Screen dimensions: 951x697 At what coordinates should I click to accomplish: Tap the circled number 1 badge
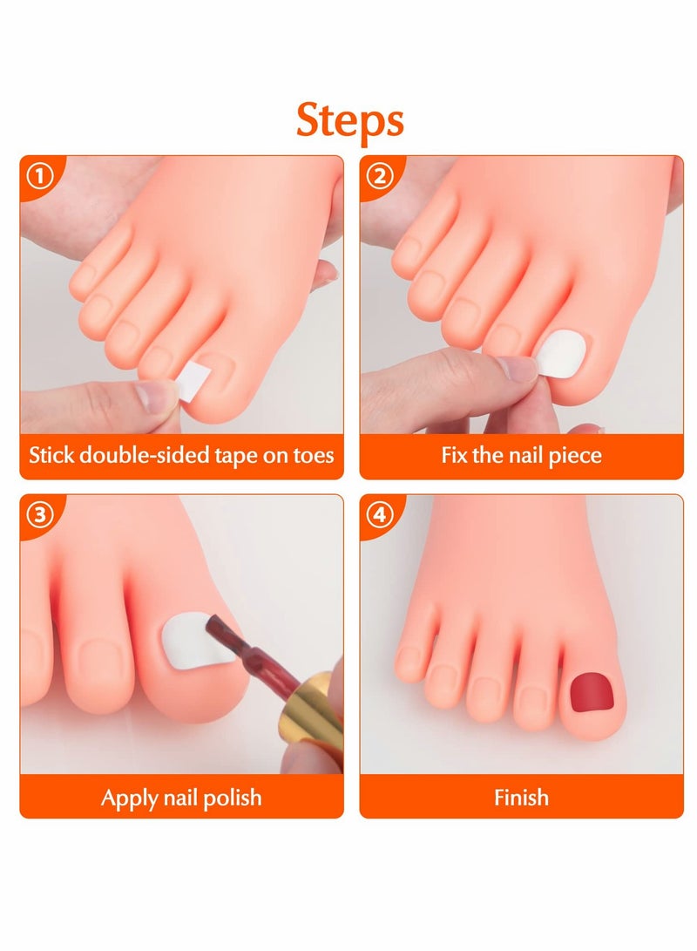41,177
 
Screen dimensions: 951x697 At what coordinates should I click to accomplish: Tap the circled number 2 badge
381,177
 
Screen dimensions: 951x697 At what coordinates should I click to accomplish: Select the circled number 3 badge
41,514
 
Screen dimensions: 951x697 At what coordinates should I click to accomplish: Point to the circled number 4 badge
381,514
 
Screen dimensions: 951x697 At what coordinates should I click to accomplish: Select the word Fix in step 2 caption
455,455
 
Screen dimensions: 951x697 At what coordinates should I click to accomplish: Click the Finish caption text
521,798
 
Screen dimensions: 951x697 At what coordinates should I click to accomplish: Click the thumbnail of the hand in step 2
519,369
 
